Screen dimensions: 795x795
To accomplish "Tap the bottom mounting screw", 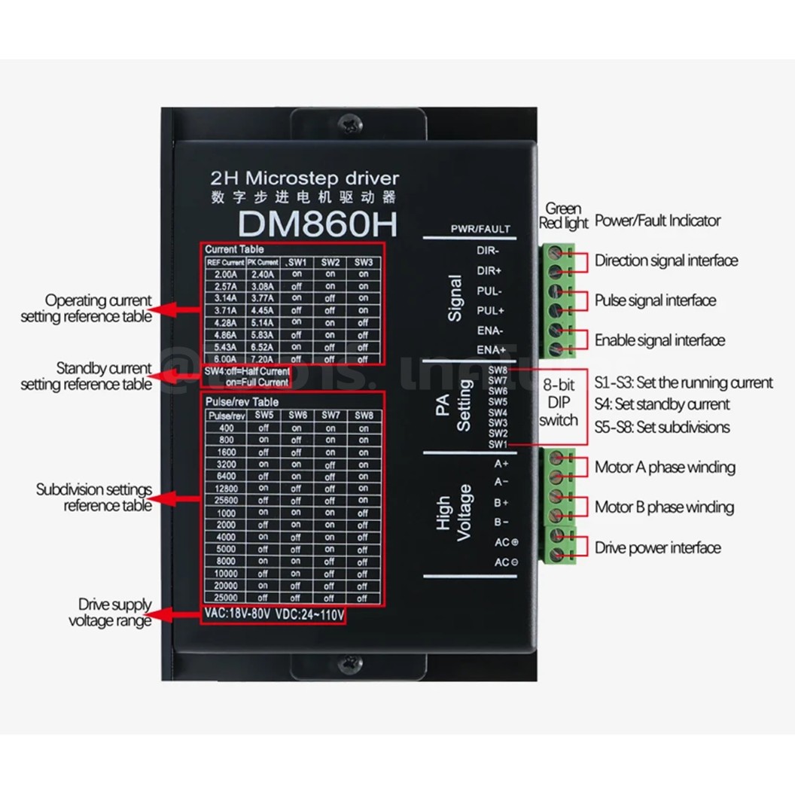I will coord(349,662).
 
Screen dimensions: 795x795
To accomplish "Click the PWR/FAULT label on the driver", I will coord(480,229).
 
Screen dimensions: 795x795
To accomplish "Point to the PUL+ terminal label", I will coord(490,309).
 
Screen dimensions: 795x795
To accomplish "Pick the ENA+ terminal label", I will coord(490,349).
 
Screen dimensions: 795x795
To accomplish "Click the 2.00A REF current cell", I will coord(221,275).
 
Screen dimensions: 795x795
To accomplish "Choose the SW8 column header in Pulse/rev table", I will coord(364,416).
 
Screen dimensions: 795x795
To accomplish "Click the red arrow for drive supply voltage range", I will coord(177,614).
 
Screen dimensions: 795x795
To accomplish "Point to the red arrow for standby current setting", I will coord(177,376).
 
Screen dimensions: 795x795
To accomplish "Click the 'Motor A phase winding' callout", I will coord(665,468).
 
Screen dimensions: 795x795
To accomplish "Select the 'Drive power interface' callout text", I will coord(657,547).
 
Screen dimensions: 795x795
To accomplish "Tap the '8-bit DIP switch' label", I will coord(559,403).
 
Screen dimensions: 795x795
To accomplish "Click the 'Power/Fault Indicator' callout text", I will coord(657,221).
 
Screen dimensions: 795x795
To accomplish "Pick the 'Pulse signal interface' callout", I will coord(655,300).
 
